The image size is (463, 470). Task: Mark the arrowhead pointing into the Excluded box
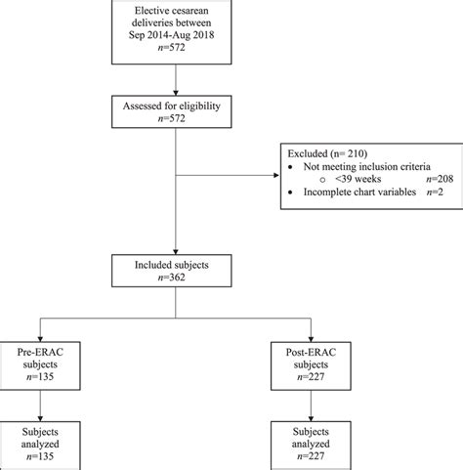(x=274, y=175)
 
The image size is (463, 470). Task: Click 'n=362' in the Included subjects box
(x=175, y=279)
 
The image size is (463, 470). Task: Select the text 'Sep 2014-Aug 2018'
(x=175, y=37)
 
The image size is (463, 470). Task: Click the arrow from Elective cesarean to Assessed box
(x=175, y=78)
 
